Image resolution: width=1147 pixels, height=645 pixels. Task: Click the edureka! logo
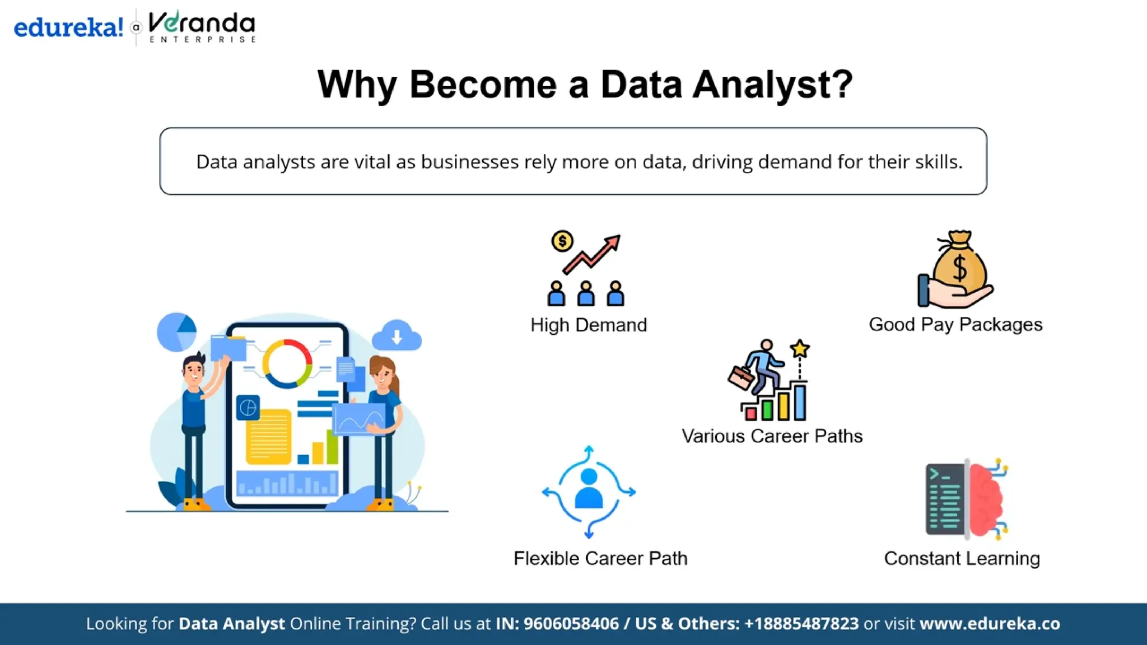click(68, 27)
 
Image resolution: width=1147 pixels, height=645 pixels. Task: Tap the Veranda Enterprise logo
click(202, 26)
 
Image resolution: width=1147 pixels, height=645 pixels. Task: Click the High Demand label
click(589, 325)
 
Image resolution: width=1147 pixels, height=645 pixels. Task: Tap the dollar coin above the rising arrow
click(562, 241)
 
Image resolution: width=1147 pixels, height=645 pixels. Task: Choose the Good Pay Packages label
click(955, 324)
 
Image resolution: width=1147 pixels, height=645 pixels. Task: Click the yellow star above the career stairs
click(800, 349)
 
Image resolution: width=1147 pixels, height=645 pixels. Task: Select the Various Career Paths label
click(772, 436)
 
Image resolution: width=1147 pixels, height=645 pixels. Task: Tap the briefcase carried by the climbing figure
click(741, 377)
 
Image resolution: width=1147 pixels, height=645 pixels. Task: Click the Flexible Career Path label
click(600, 558)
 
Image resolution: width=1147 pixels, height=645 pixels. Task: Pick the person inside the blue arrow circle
click(589, 488)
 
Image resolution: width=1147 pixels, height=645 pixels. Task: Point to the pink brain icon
click(987, 500)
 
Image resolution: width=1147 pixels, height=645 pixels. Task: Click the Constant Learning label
click(962, 558)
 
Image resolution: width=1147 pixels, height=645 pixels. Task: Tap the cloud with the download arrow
click(397, 336)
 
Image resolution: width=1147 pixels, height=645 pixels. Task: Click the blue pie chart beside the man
click(177, 332)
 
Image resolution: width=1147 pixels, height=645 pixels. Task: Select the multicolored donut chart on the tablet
click(287, 363)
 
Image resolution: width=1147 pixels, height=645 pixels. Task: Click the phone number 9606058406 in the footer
click(571, 624)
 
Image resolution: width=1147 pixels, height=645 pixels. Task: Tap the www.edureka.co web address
click(990, 624)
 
